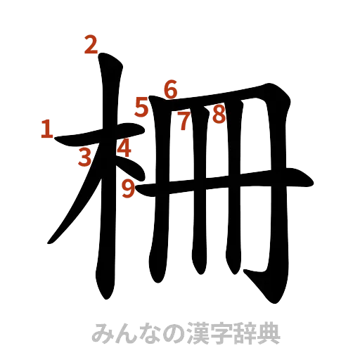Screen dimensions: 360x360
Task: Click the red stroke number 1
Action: pos(47,129)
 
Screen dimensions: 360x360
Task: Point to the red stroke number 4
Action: pos(124,148)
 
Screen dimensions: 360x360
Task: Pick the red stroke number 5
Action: pos(143,108)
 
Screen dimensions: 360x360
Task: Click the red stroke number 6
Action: pos(171,89)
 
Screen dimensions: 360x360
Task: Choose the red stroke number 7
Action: pos(184,122)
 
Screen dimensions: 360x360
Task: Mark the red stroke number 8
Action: pos(218,113)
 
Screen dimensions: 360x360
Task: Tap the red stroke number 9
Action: pos(128,188)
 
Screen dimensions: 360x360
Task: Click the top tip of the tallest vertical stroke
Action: pos(110,59)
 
